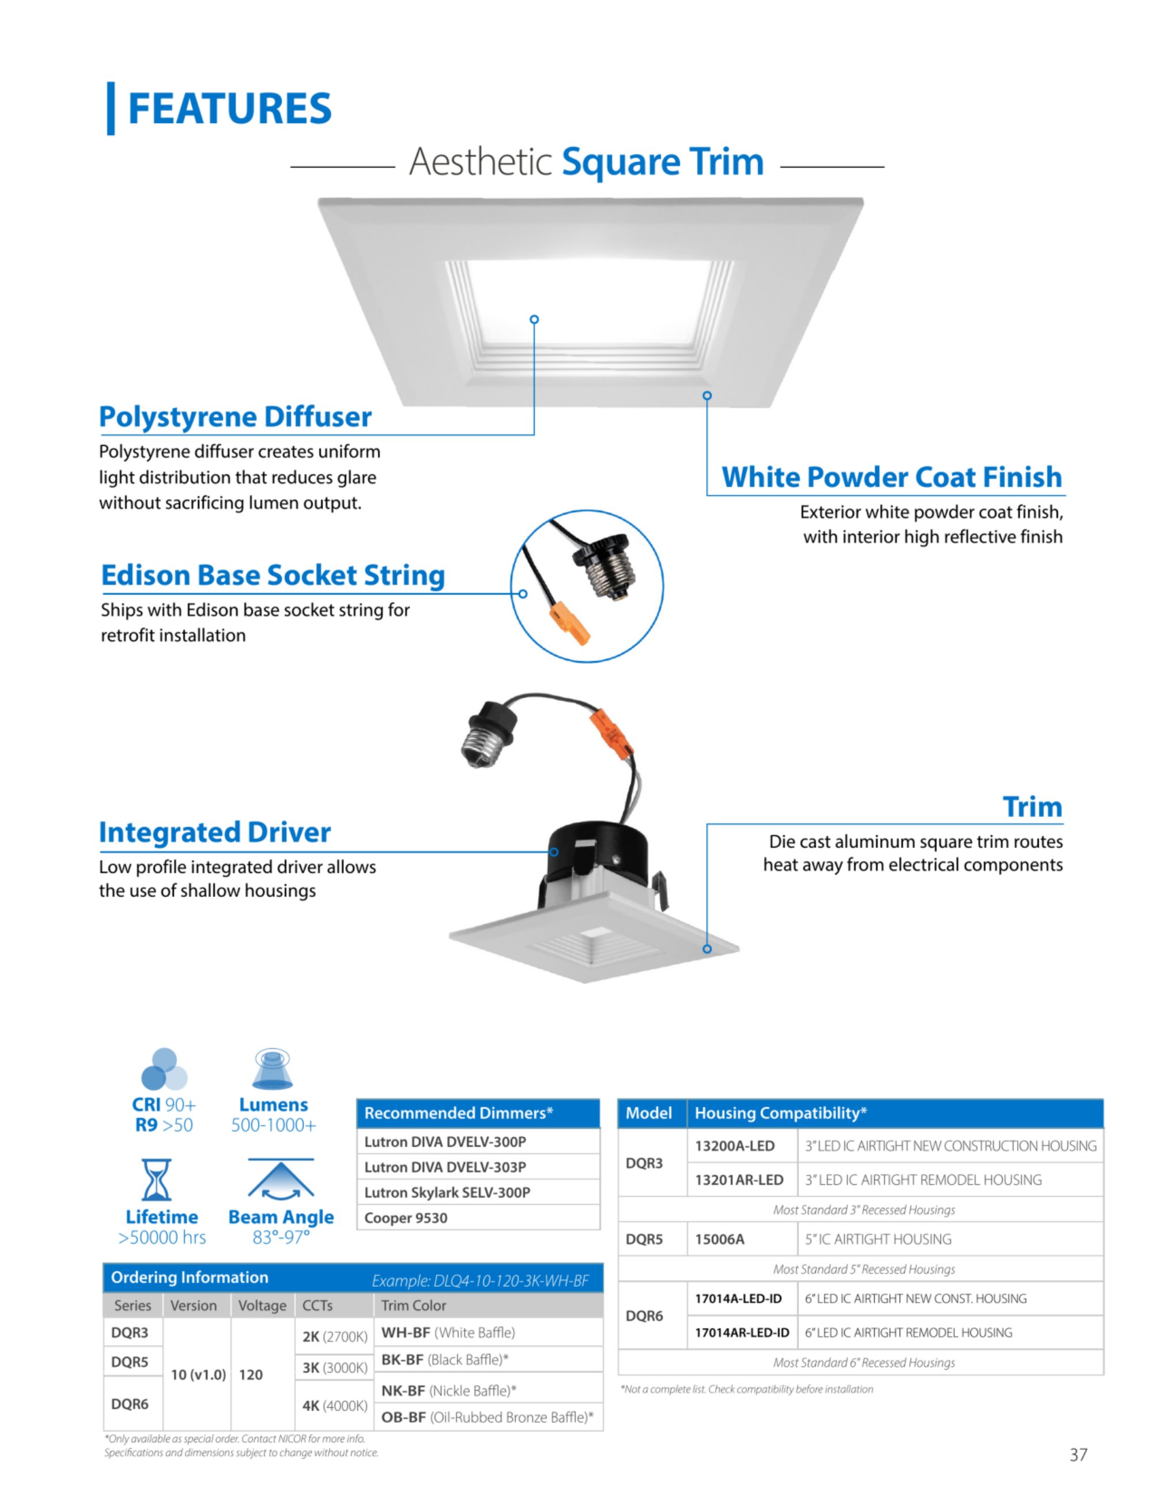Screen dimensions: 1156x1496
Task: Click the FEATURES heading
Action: click(x=229, y=108)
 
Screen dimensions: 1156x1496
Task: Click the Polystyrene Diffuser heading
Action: click(x=236, y=417)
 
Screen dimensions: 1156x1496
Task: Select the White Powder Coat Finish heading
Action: click(x=892, y=477)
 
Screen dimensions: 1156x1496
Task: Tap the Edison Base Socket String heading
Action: click(x=273, y=575)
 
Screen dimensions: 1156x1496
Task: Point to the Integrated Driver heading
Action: click(x=215, y=832)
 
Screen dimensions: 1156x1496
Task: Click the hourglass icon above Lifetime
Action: click(x=157, y=1180)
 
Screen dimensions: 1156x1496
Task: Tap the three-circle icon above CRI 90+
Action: click(x=164, y=1069)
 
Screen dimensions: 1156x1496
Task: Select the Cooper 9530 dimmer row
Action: click(x=478, y=1218)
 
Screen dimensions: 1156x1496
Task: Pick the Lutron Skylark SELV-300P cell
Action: click(x=478, y=1192)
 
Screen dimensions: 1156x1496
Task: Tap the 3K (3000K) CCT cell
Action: click(x=334, y=1368)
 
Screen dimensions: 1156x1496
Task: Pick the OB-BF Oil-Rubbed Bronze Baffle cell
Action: click(x=488, y=1417)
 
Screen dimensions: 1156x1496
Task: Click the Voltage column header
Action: click(x=262, y=1306)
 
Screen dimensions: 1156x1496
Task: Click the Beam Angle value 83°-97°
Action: click(x=281, y=1237)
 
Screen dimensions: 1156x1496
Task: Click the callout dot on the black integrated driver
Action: click(x=554, y=852)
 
